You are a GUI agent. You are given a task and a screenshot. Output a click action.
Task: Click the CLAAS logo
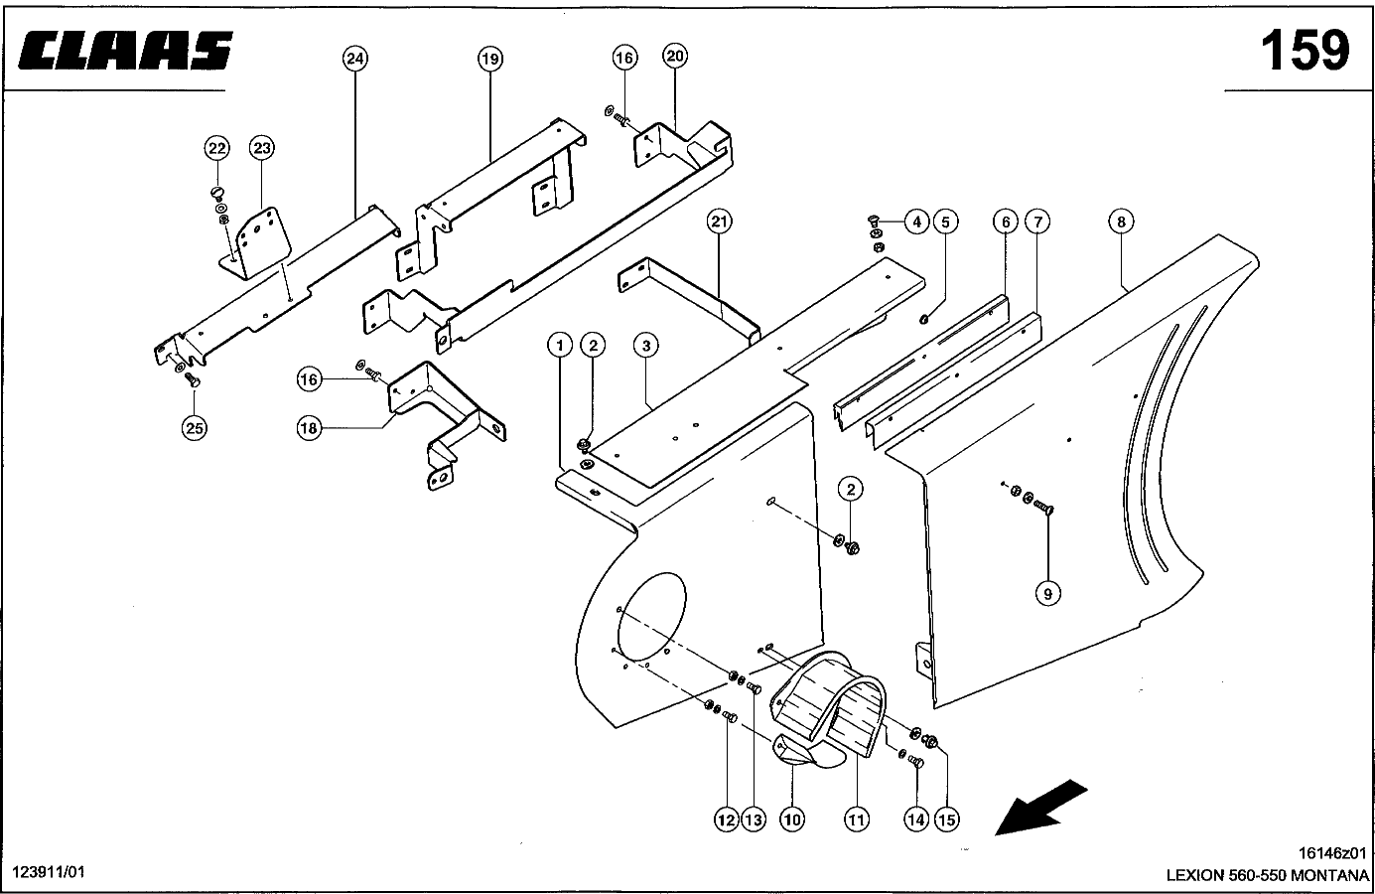tap(125, 51)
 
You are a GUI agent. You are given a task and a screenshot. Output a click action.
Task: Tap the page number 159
tap(1306, 51)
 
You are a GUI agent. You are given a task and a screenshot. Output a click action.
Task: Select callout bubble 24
tap(354, 59)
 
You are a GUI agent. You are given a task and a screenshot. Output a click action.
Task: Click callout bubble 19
tap(489, 59)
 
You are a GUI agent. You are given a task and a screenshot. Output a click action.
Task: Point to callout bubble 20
tap(675, 56)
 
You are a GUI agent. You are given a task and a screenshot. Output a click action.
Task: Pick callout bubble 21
tap(719, 222)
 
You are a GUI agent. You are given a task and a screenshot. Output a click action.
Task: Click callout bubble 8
tap(1121, 222)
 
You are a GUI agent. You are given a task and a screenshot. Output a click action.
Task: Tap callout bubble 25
tap(194, 428)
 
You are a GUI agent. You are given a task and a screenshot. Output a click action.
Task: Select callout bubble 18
tap(309, 428)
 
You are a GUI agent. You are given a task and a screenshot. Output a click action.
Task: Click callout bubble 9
tap(1047, 594)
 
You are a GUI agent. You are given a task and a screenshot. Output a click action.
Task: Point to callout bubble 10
tap(792, 819)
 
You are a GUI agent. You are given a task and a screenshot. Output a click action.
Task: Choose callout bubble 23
tap(261, 148)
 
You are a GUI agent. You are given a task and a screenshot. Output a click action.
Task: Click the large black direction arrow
tap(1039, 808)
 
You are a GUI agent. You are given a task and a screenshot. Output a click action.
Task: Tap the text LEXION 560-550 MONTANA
tap(1267, 875)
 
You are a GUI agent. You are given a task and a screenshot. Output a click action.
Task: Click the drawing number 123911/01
tap(49, 872)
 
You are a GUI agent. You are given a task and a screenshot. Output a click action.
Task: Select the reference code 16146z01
tap(1332, 853)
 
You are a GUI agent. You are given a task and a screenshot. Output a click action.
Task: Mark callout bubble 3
tap(645, 346)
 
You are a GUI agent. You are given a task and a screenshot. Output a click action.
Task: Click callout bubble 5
tap(945, 222)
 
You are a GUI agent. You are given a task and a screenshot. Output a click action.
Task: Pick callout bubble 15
tap(946, 819)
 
